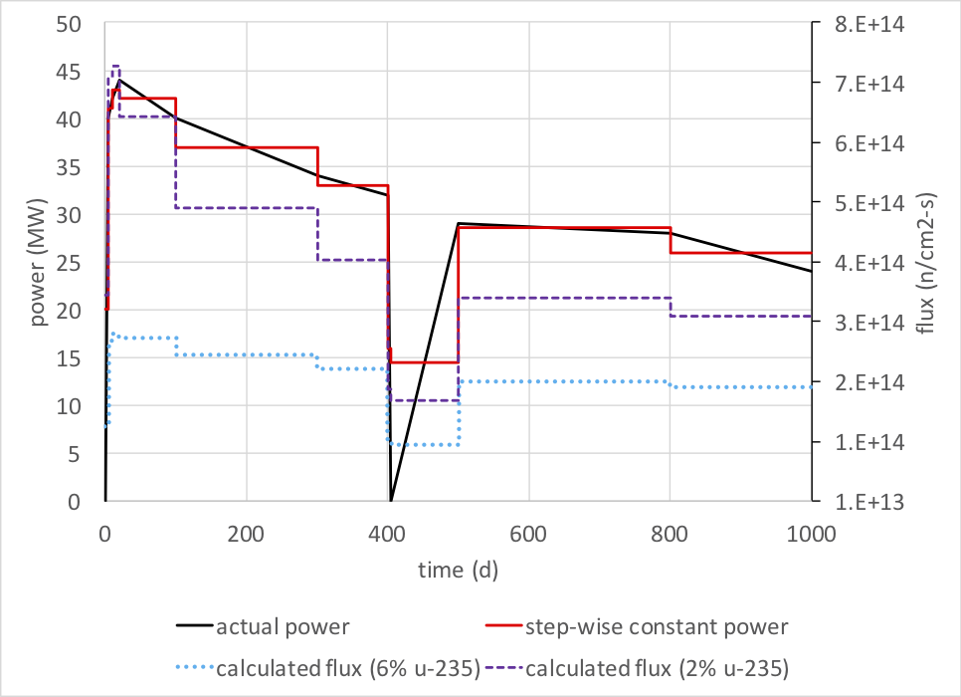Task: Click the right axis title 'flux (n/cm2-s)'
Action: tap(926, 262)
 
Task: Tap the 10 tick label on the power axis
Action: tap(77, 406)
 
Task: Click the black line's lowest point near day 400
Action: tap(391, 501)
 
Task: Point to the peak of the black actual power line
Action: tap(118, 80)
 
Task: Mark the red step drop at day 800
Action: tap(671, 240)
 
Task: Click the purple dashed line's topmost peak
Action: tap(115, 67)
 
